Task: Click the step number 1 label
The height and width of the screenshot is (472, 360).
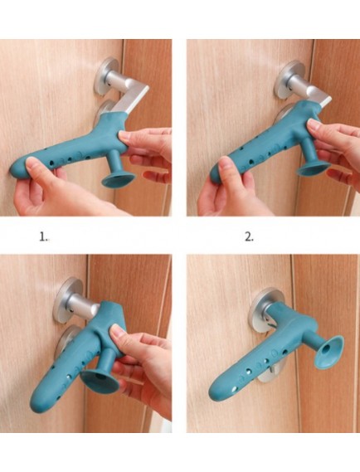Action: [44, 237]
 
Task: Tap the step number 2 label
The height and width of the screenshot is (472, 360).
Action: [249, 237]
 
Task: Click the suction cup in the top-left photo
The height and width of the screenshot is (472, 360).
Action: [119, 180]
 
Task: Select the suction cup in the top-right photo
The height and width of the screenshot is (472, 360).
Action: [314, 169]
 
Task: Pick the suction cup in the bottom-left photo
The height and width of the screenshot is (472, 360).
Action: [100, 382]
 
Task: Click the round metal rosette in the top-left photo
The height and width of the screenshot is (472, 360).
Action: [105, 75]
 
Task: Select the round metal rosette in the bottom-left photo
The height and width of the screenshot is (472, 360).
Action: [67, 300]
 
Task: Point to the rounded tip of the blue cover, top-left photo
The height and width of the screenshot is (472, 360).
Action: [16, 170]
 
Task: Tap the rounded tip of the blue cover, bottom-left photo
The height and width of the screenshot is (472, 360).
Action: [36, 401]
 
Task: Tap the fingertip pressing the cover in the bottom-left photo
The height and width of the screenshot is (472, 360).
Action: [116, 331]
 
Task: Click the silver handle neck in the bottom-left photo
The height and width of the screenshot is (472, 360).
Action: [83, 304]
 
